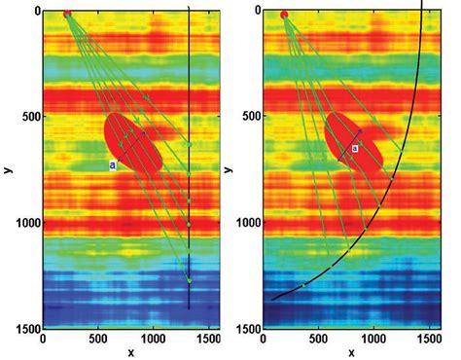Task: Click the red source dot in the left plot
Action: click(x=66, y=15)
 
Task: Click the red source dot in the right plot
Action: click(x=284, y=15)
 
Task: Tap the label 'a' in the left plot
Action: click(x=113, y=165)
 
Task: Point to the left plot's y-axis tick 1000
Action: click(x=21, y=223)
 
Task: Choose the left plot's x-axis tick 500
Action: click(x=98, y=340)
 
